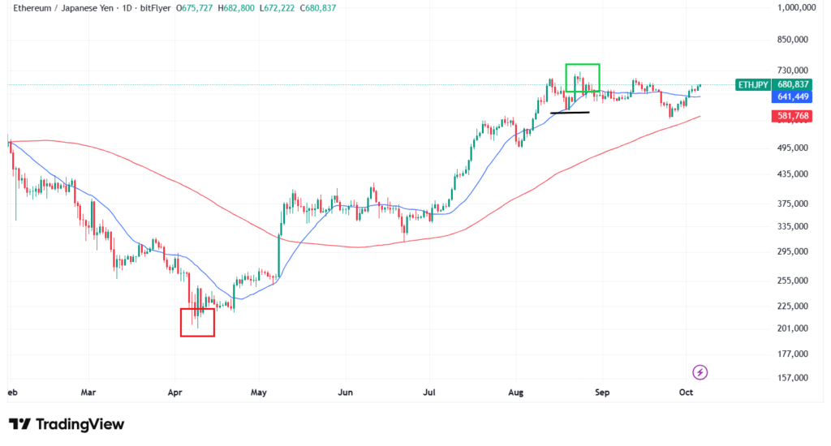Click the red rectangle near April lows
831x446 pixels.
(x=197, y=322)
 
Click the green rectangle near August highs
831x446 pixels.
(x=583, y=77)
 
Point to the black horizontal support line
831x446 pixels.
(x=570, y=112)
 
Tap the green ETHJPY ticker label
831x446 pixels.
(x=751, y=84)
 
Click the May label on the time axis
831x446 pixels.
(x=259, y=392)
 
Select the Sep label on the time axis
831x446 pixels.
(x=601, y=392)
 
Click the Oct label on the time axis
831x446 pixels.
(x=687, y=392)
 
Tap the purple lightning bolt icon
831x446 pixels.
(x=700, y=372)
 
